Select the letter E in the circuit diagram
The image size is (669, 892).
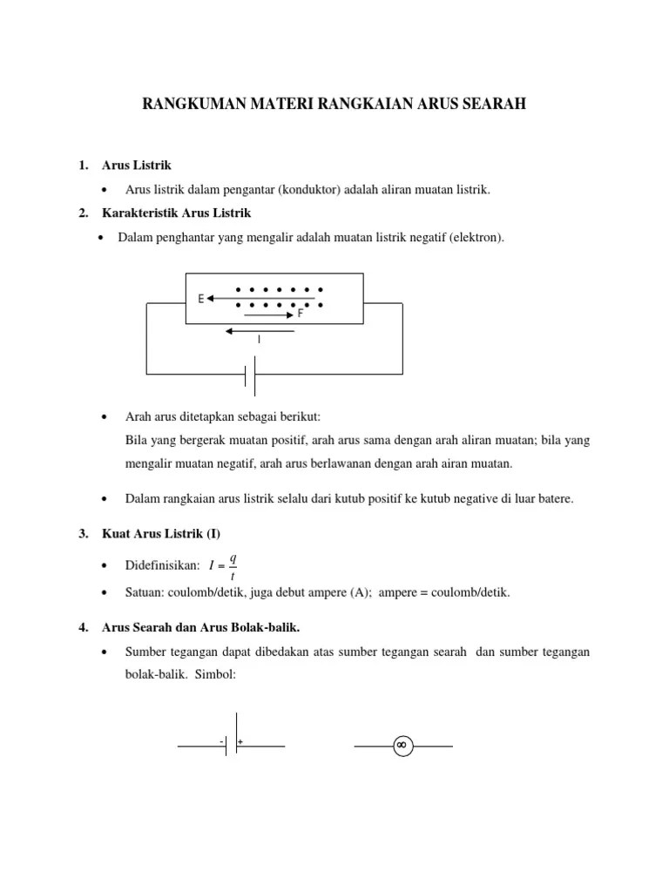pos(200,299)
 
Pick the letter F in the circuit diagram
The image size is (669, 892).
pos(301,314)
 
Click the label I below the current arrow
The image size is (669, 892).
pos(259,340)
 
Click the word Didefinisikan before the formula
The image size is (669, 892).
pos(163,566)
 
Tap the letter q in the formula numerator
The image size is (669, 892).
pos(233,557)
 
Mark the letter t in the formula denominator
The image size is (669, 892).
pos(233,576)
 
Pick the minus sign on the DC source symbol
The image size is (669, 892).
pos(221,741)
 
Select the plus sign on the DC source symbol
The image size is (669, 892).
pos(240,741)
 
